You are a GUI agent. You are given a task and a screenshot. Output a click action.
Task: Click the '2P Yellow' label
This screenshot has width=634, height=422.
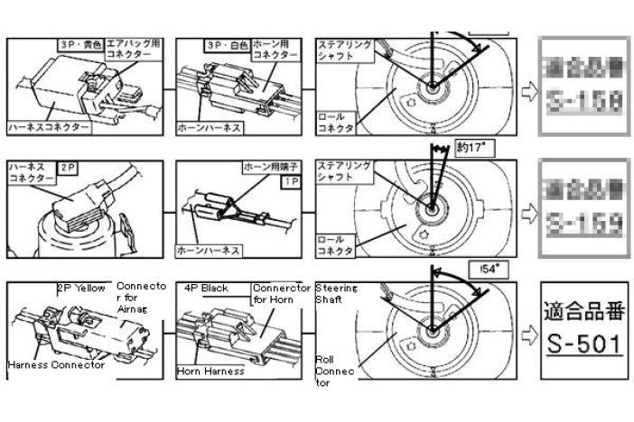(82, 289)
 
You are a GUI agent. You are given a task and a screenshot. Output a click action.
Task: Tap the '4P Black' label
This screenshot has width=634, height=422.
(206, 289)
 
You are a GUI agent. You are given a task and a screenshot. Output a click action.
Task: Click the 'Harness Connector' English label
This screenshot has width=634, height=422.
(55, 365)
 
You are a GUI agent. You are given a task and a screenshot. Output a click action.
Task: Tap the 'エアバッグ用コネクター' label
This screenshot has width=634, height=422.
(134, 48)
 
